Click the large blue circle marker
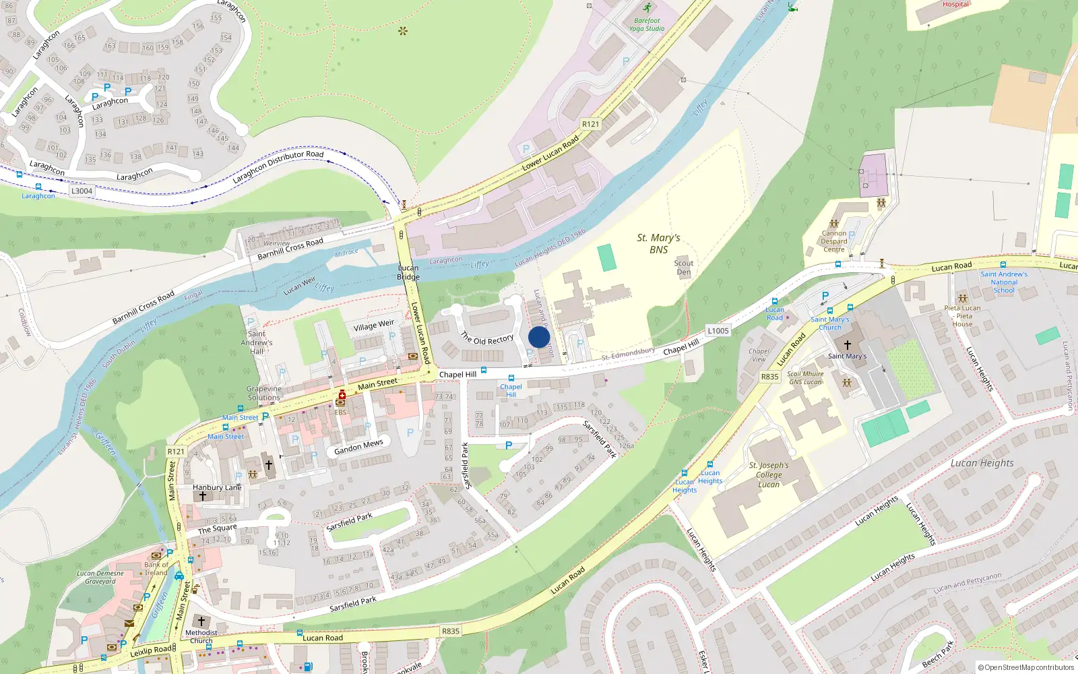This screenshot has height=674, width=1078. point(539,337)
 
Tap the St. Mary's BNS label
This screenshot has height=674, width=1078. point(658,243)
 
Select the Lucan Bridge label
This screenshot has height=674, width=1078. point(408,272)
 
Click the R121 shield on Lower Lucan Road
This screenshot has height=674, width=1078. point(590,124)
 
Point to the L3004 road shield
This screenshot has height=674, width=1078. point(82,191)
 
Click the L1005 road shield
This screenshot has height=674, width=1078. point(718,330)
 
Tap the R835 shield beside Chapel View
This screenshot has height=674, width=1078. point(769,377)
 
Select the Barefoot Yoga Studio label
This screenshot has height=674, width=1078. point(647,24)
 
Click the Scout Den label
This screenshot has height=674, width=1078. point(683,268)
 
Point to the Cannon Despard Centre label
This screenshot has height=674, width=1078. point(833,241)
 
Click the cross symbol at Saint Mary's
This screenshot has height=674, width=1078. point(848,344)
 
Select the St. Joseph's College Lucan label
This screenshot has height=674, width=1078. point(769,474)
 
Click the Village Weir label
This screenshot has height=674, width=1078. point(373,326)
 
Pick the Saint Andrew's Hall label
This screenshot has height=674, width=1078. point(257,342)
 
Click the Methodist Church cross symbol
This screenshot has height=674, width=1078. point(201,621)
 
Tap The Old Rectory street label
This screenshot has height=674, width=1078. point(487,338)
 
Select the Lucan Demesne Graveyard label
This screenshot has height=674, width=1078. point(100,577)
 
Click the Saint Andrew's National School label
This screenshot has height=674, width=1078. point(1004,282)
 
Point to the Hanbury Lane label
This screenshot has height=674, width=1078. point(216,487)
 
